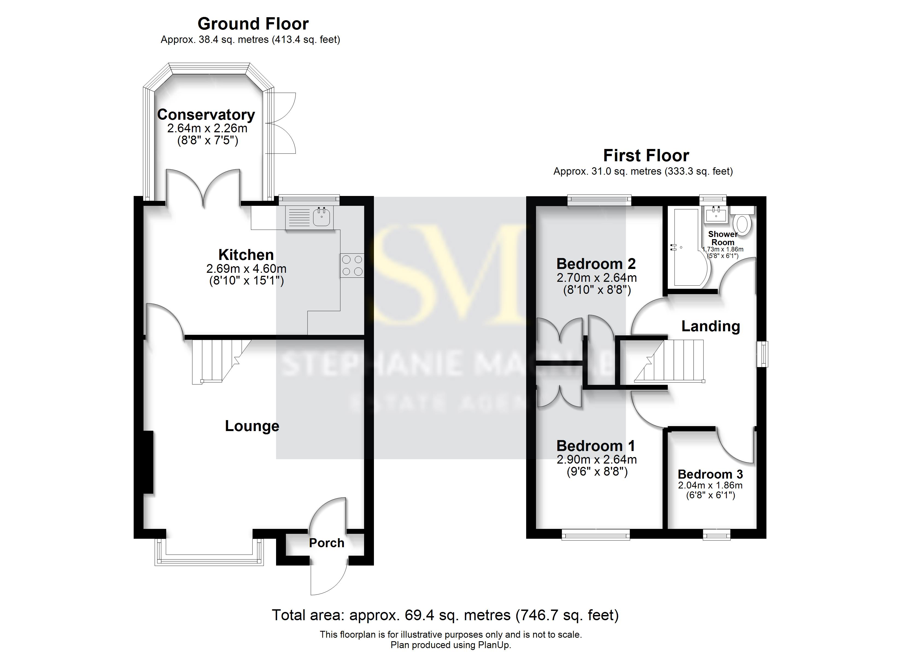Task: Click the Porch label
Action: (327, 543)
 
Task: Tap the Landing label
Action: (710, 326)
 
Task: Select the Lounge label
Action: (252, 426)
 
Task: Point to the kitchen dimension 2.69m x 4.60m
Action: (246, 269)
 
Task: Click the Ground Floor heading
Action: (253, 24)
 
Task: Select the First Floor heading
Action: (646, 156)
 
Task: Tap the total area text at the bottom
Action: (445, 616)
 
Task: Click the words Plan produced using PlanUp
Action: (451, 645)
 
